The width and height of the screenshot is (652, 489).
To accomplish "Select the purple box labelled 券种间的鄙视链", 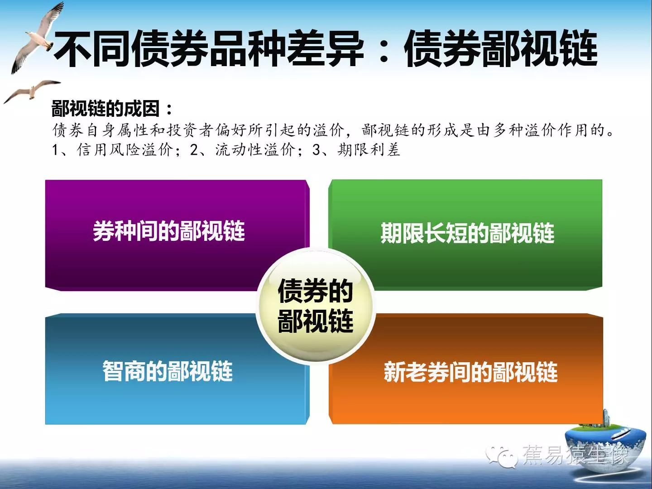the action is coord(177,235).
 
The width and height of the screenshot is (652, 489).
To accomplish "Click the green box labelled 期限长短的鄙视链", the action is coord(465,234).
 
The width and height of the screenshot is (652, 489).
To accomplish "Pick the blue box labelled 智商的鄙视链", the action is coord(177,369).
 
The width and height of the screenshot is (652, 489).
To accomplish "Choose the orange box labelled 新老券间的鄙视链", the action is coord(466,369).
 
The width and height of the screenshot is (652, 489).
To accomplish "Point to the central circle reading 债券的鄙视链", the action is coord(316,305).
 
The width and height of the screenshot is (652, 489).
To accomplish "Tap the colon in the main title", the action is coord(384,49).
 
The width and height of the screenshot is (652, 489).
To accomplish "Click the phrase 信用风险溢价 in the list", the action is coord(125,149).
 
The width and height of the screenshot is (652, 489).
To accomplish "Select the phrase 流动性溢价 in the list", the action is coord(255,149).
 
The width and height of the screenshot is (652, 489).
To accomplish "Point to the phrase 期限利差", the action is coord(369,149).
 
